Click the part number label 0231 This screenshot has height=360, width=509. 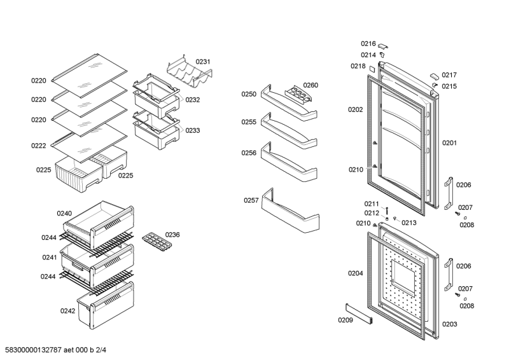tap(203, 62)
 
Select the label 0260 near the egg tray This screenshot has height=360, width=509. tap(310, 85)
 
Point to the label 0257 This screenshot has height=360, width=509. tap(251, 200)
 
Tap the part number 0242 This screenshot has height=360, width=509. tap(67, 311)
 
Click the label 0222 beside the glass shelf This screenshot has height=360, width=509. tap(39, 146)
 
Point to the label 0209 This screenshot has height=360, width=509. tap(345, 319)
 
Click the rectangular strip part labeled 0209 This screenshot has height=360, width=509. tap(359, 314)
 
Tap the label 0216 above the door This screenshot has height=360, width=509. tap(368, 43)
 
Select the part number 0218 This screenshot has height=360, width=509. tap(358, 66)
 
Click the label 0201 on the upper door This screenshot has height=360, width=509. tap(450, 143)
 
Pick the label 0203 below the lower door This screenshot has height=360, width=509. tap(450, 324)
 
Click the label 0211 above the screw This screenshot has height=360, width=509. tap(372, 204)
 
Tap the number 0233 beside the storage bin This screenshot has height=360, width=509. tap(193, 130)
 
